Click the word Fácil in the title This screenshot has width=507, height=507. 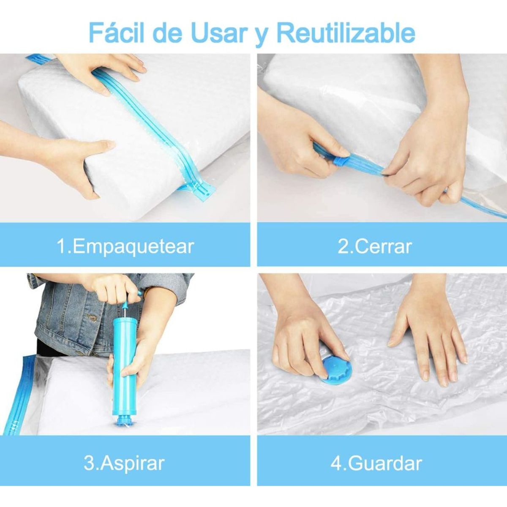click(117, 33)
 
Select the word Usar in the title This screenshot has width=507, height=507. click(219, 33)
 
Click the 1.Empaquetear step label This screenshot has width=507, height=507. click(125, 246)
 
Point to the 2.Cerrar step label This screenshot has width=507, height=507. click(375, 246)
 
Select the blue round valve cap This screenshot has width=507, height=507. click(336, 369)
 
